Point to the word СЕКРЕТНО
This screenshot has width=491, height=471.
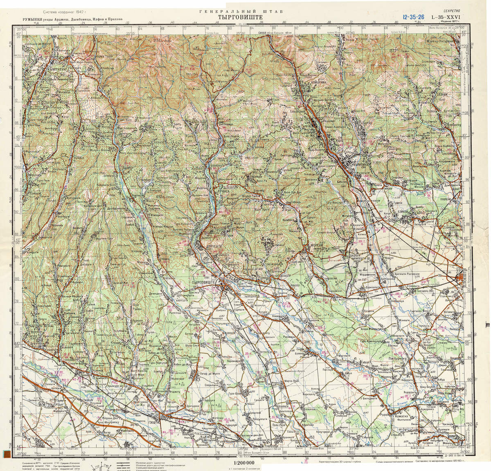pyautogui.click(x=451, y=11)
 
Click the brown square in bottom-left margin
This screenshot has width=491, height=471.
pyautogui.click(x=7, y=454)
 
